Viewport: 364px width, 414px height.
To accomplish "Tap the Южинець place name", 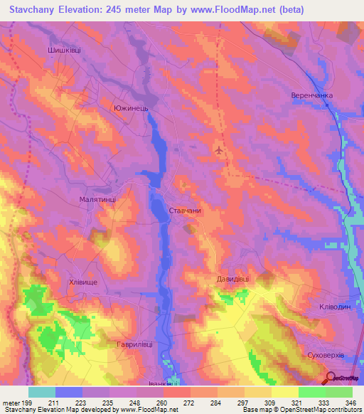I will pos(130,108).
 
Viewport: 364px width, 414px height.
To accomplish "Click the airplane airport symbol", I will pos(219,151).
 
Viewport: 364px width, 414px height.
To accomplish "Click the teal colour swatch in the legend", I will pos(41,392).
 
